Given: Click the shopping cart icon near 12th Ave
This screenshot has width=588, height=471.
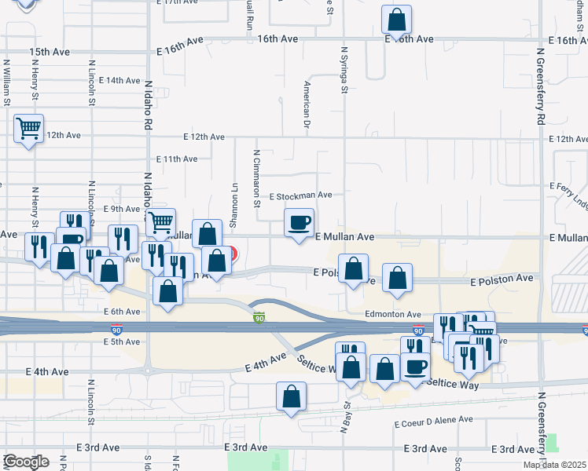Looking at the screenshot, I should [x=28, y=128].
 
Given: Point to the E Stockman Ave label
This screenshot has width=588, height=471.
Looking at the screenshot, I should [x=301, y=195].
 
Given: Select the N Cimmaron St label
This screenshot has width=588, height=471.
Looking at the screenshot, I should [x=256, y=177].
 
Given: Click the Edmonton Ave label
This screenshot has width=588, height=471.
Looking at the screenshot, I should [x=393, y=314].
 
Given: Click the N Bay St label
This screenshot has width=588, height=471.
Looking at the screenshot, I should [x=344, y=418].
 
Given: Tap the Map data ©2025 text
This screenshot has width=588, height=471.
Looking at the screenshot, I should [x=554, y=465].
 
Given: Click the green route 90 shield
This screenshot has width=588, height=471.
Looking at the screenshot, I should [x=259, y=318].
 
